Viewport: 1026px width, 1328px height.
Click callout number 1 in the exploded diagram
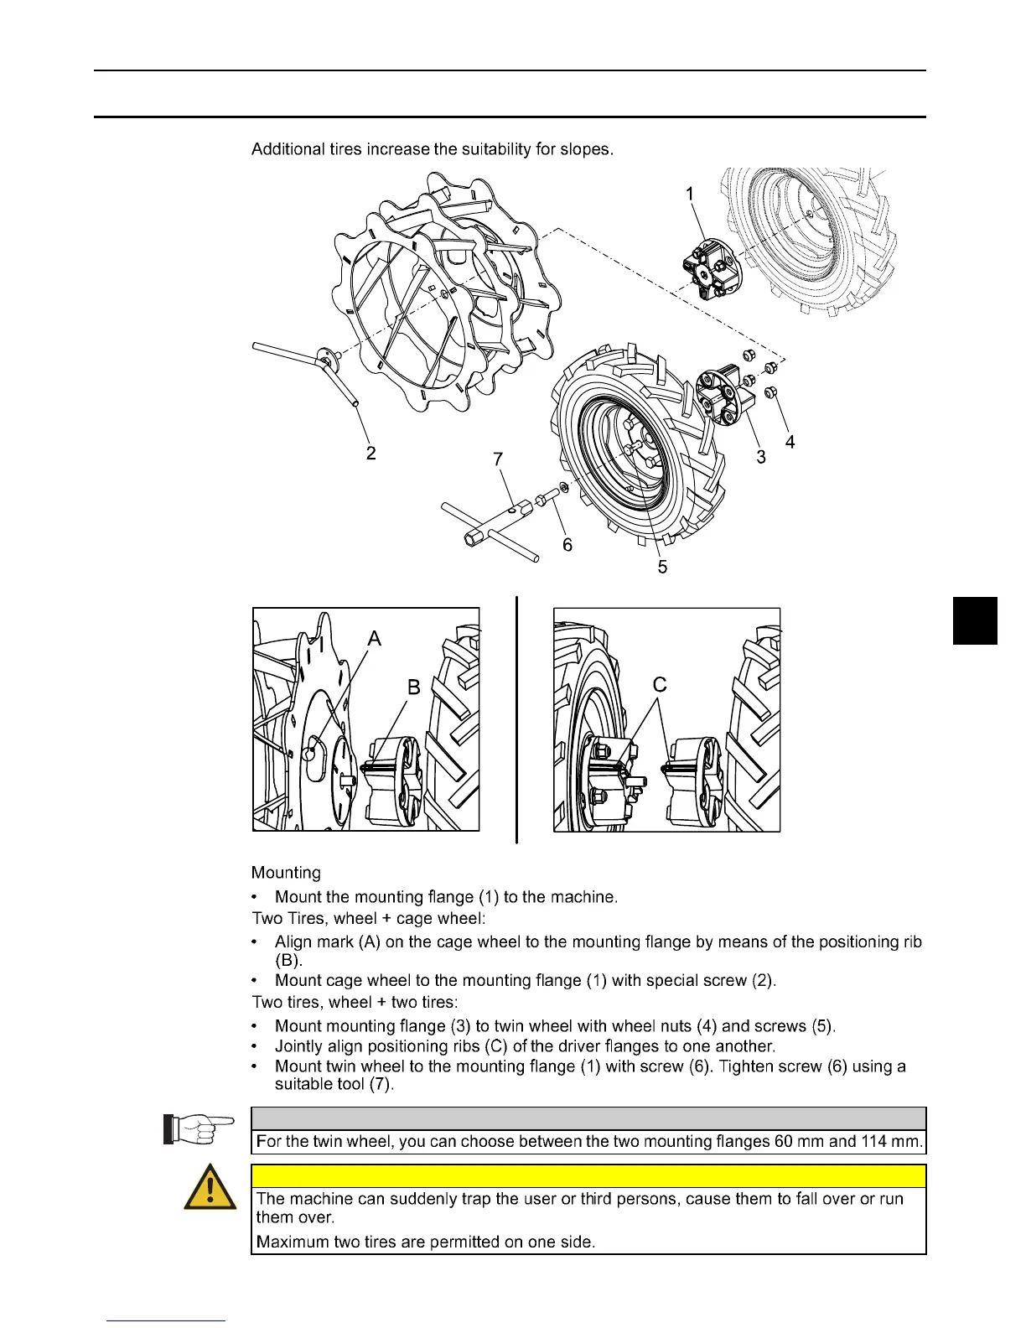point(690,195)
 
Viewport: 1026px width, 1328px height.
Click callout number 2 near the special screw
point(370,453)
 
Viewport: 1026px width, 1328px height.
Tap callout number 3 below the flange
point(760,457)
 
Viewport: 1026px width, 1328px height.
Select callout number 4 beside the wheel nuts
point(790,441)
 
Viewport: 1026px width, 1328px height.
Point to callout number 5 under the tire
point(662,568)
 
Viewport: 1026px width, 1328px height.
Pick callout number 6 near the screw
point(567,545)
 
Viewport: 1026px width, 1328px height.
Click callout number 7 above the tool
point(498,459)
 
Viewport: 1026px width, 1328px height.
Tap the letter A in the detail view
point(374,639)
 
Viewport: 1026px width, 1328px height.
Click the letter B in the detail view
point(413,687)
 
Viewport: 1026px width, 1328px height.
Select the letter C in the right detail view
point(660,685)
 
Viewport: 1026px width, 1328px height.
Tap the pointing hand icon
point(198,1128)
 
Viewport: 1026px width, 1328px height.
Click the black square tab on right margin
point(975,620)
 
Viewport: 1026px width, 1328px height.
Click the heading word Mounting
point(286,873)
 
